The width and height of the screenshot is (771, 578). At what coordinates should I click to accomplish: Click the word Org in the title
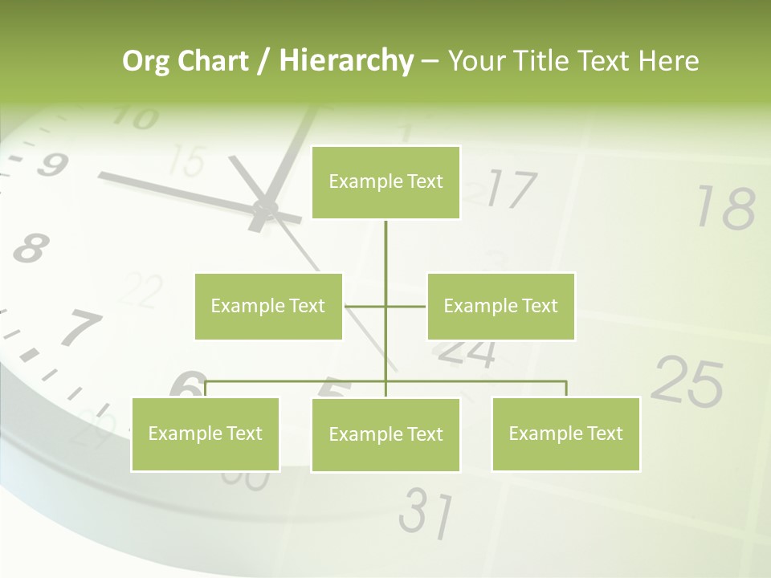(145, 61)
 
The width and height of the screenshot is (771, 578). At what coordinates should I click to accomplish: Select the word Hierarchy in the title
(345, 61)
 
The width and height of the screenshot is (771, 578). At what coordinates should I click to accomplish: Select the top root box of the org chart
(385, 182)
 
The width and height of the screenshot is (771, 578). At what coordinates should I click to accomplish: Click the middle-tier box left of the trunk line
(268, 306)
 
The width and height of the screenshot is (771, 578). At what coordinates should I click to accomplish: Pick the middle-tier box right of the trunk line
(500, 306)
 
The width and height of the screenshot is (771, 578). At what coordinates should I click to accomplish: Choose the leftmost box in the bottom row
(205, 434)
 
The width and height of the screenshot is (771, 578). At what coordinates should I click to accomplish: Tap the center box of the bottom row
(385, 435)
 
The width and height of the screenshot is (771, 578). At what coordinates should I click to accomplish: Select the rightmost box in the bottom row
(565, 434)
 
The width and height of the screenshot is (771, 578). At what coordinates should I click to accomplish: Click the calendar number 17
(512, 189)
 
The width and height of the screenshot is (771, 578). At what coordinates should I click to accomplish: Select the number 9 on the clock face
(51, 165)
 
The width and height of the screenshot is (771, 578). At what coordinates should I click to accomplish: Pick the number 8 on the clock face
(30, 248)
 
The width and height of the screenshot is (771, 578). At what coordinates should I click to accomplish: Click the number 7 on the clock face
(80, 328)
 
